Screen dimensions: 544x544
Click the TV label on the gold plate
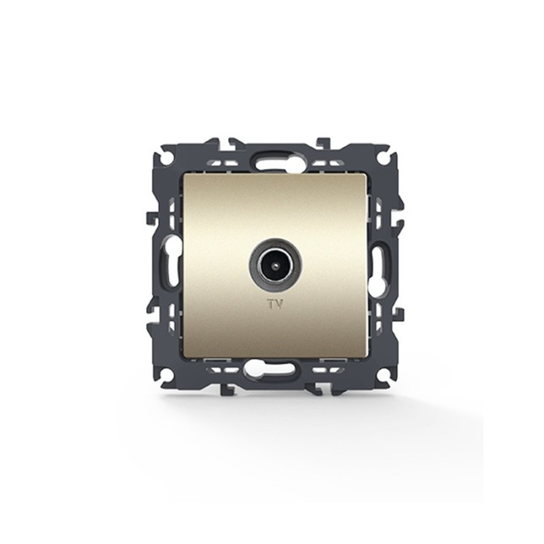tap(274, 305)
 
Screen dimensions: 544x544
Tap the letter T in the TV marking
tap(270, 305)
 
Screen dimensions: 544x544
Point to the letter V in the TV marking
tap(278, 305)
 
